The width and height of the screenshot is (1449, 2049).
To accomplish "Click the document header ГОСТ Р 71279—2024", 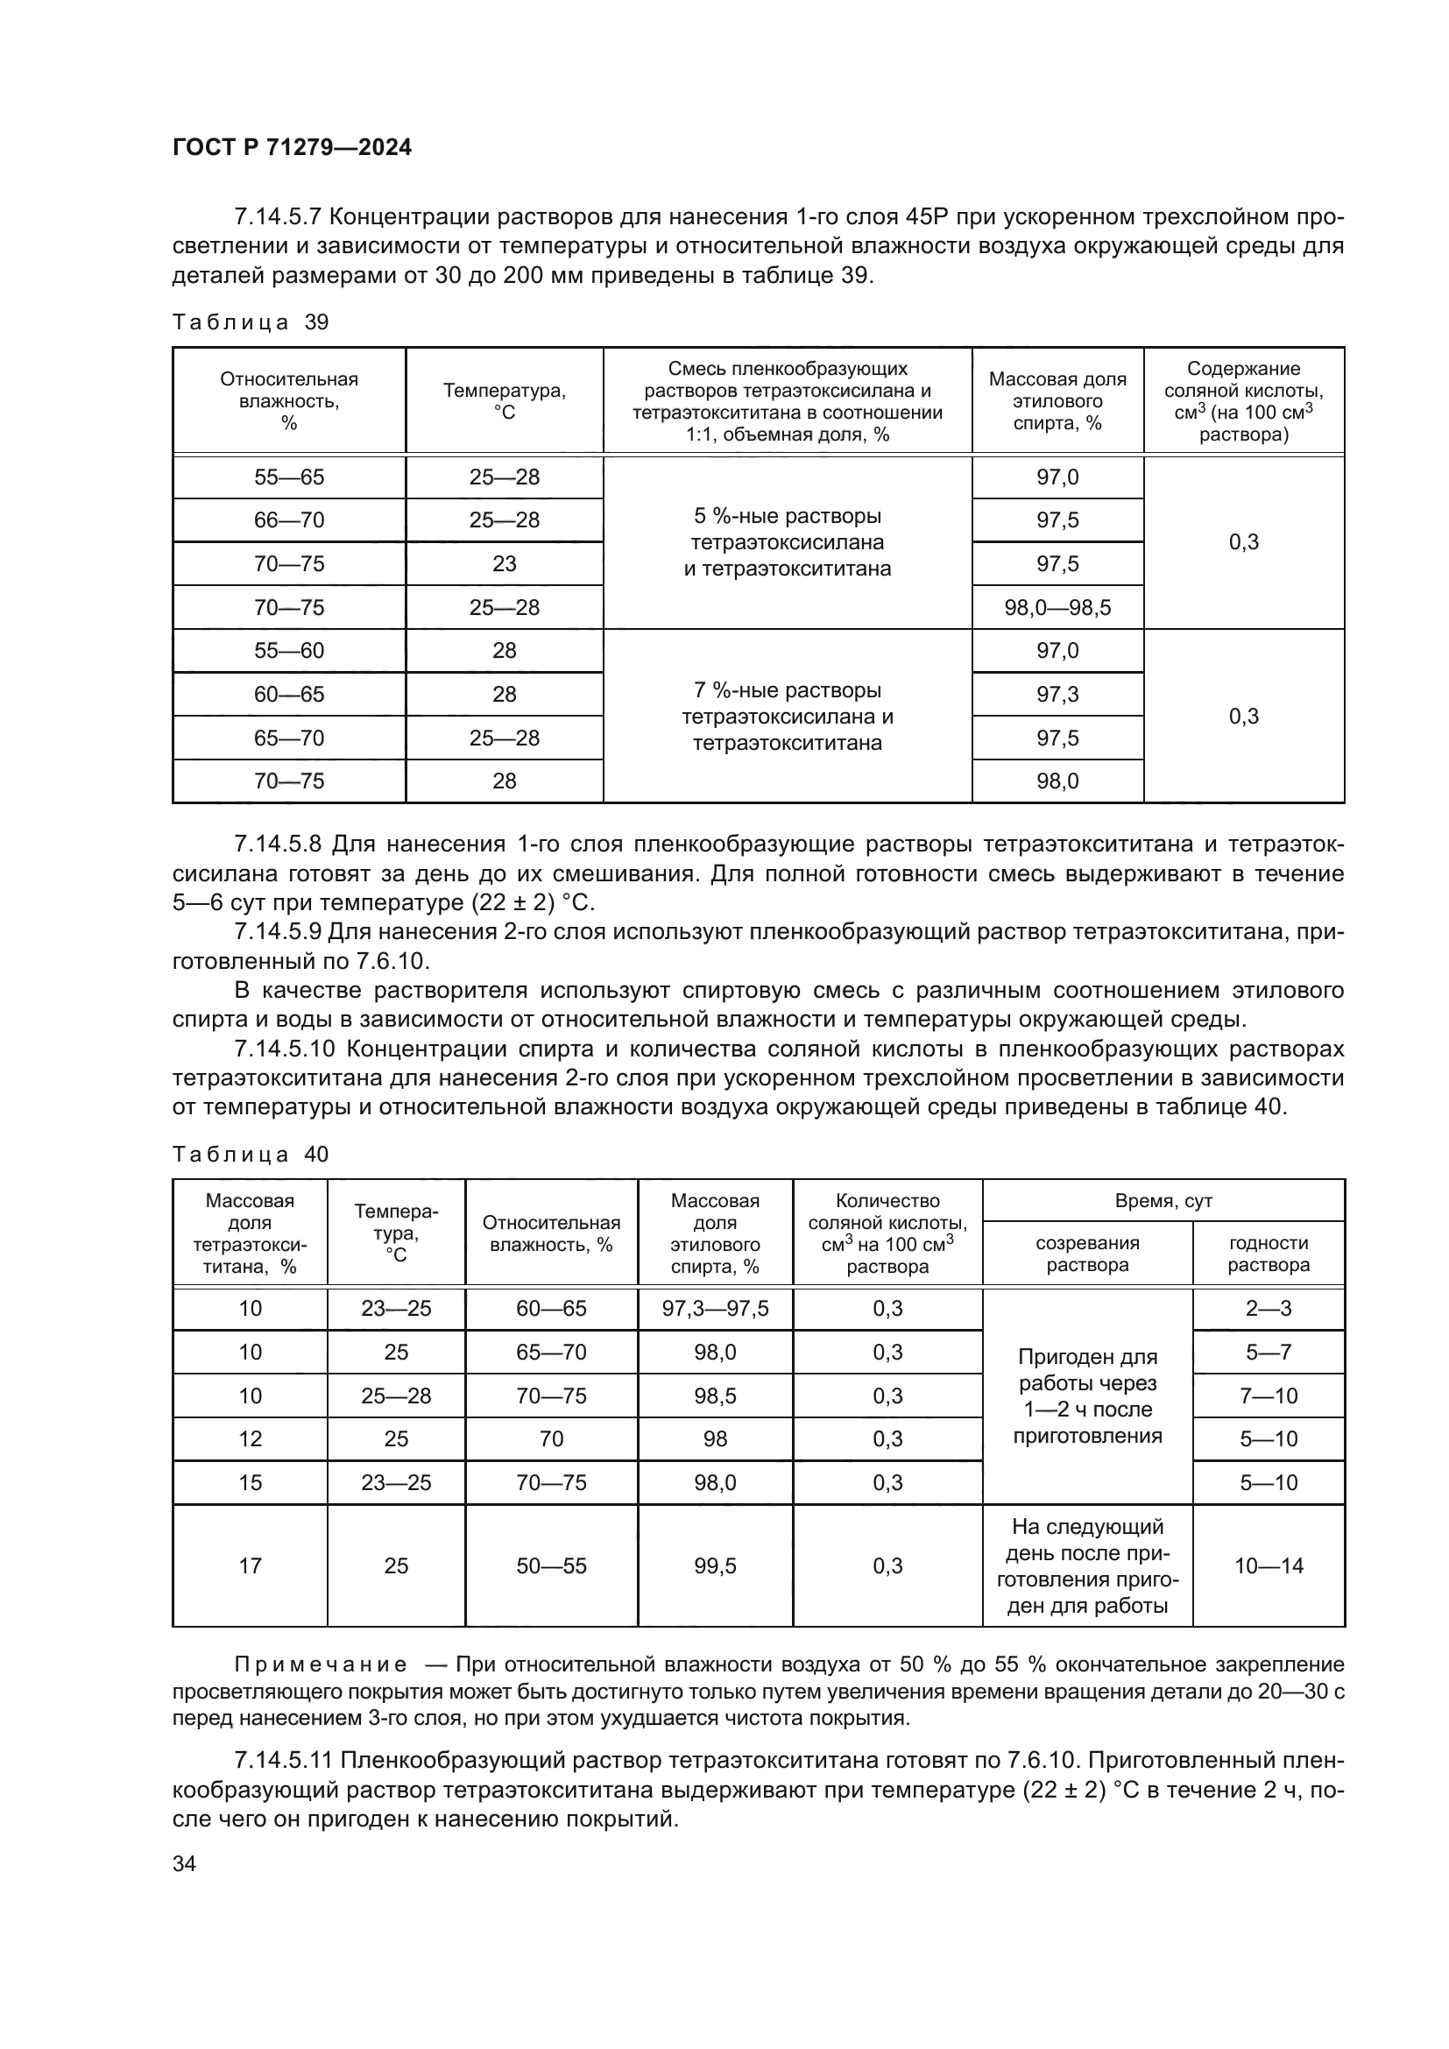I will (292, 147).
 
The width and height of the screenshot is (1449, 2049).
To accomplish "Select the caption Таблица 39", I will (251, 322).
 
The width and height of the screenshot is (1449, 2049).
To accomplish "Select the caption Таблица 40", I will (251, 1154).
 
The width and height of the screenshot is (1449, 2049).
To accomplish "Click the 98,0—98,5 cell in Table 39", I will (1057, 608).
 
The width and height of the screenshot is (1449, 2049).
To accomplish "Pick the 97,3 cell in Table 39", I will (1057, 695).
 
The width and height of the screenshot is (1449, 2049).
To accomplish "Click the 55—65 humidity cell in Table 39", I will (289, 477).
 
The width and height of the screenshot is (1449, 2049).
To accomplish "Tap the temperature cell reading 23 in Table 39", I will (504, 564).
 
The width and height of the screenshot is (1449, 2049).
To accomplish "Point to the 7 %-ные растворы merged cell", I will (787, 716).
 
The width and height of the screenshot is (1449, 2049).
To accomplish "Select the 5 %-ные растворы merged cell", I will (787, 542).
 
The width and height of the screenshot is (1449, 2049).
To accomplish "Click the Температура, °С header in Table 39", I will (504, 400).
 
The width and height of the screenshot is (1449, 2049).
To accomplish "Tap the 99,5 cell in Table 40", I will (716, 1565).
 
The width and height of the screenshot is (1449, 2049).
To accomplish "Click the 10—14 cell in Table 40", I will (1268, 1565).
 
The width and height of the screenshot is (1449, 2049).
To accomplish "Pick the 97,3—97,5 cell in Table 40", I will (716, 1309).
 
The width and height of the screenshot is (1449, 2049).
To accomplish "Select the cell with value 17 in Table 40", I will (250, 1565).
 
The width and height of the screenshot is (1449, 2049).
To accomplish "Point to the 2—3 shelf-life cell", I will (1268, 1309).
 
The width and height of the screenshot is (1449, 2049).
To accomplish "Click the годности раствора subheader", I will (1268, 1254).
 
